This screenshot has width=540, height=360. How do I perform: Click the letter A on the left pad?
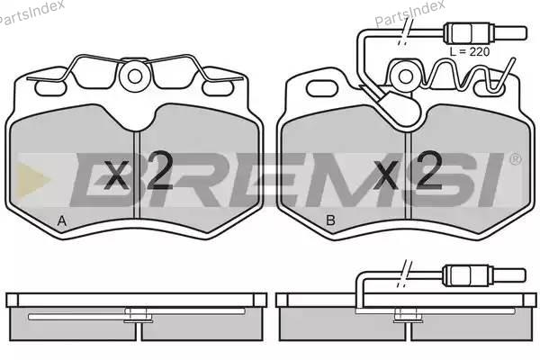click(61, 220)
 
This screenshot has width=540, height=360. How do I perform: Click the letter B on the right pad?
click(330, 220)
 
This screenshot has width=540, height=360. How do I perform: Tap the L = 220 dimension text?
click(470, 51)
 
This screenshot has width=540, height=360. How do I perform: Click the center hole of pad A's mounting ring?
click(135, 76)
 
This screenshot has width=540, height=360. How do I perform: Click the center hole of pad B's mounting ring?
click(405, 76)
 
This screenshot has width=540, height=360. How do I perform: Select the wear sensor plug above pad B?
click(485, 32)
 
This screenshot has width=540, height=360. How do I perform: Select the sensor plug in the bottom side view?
click(485, 274)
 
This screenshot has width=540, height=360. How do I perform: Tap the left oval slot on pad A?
click(50, 88)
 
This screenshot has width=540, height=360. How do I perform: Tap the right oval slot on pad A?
click(218, 88)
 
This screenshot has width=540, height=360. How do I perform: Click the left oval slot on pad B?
click(321, 88)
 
